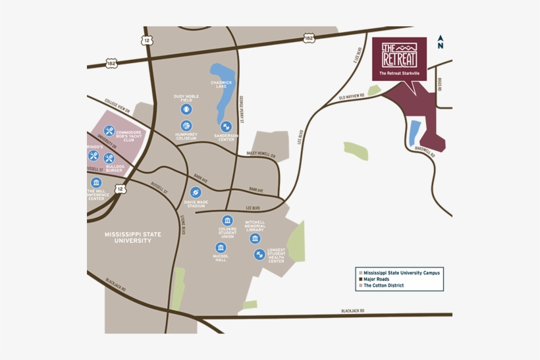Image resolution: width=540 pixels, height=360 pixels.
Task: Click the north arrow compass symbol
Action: point(441,42)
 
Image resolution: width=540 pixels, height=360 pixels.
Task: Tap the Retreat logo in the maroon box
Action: point(399,53)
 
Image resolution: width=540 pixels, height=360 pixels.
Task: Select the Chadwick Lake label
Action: point(222,84)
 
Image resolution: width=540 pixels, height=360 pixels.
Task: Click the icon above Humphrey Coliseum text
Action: point(186,125)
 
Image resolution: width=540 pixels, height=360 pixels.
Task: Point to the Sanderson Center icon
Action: point(226,126)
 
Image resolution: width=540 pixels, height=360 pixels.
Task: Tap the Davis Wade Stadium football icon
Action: point(195,192)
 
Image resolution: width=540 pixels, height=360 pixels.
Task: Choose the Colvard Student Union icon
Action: point(227,220)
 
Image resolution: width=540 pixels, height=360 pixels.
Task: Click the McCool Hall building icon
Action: point(220,246)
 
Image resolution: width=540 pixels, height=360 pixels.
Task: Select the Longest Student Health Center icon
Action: point(259,254)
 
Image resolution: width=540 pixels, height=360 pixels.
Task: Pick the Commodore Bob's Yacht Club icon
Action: point(109,131)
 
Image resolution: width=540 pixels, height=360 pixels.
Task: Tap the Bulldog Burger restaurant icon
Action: point(109,158)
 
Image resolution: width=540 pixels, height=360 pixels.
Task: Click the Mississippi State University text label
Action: point(128,238)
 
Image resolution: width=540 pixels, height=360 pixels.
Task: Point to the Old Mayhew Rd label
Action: point(351,97)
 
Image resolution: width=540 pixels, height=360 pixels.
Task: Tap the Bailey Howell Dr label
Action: point(261,155)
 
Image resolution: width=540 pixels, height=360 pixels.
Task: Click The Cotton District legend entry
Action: point(383,286)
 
